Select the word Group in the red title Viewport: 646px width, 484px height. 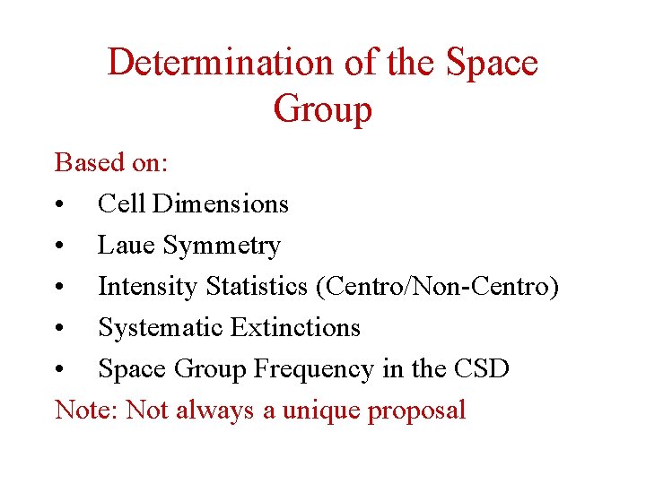point(322,109)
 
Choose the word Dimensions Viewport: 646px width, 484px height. point(221,204)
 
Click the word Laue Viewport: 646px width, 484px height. point(127,246)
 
